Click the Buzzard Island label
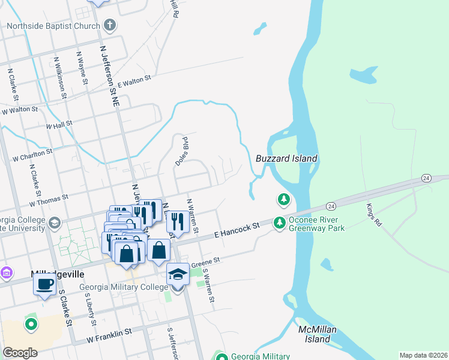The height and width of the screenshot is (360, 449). pyautogui.click(x=286, y=158)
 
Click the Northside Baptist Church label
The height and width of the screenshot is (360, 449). pyautogui.click(x=53, y=26)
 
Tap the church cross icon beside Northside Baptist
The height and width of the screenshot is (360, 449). pyautogui.click(x=109, y=25)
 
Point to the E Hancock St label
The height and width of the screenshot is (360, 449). pyautogui.click(x=237, y=231)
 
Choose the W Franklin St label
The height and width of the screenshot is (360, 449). pyautogui.click(x=109, y=335)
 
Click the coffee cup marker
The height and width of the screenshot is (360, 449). pyautogui.click(x=44, y=284)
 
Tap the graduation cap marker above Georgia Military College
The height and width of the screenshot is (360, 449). pyautogui.click(x=178, y=274)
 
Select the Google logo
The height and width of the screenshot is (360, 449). pyautogui.click(x=20, y=352)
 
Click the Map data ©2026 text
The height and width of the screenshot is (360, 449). pyautogui.click(x=423, y=355)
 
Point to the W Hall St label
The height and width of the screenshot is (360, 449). pyautogui.click(x=59, y=124)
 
